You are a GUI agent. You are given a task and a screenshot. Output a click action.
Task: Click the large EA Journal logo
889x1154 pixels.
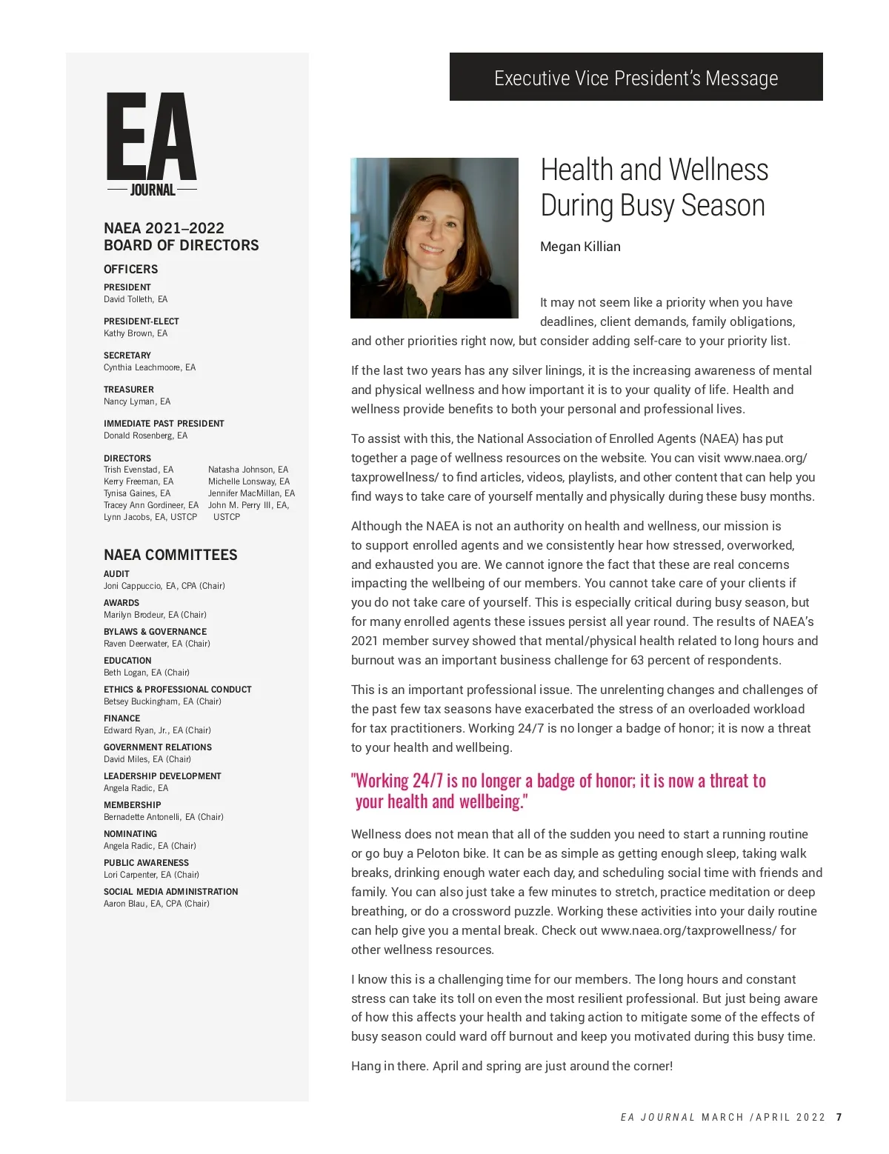coord(152,144)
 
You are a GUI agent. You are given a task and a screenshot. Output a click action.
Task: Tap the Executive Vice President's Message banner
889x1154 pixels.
coord(636,77)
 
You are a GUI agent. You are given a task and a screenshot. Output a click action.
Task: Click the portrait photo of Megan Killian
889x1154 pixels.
coord(434,238)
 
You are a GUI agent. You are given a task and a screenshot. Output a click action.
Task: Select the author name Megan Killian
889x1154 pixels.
coord(580,247)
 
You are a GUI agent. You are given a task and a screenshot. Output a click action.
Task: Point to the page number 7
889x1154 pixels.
coord(839,1117)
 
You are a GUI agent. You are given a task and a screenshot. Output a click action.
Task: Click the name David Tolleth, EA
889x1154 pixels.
coord(136,299)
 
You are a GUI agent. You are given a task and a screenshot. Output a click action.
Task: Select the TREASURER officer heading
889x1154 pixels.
coord(129,390)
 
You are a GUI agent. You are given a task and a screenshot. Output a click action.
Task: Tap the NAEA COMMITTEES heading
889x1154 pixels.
coord(170,555)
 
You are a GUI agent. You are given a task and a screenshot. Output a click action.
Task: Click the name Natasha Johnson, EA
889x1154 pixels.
coord(248,470)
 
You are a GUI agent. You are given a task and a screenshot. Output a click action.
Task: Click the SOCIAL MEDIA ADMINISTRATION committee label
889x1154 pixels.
coord(171,892)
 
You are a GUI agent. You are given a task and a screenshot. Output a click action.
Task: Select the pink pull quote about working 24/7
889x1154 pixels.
coord(559,790)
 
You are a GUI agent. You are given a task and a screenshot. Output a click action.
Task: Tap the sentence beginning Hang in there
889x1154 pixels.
coord(512,1066)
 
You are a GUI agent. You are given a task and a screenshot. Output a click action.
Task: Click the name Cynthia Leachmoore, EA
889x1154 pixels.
coord(150,367)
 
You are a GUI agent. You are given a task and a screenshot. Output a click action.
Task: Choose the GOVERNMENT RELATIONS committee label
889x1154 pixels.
coord(158,747)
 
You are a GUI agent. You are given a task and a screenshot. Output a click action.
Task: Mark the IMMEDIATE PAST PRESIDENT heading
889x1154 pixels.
coord(164,424)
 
